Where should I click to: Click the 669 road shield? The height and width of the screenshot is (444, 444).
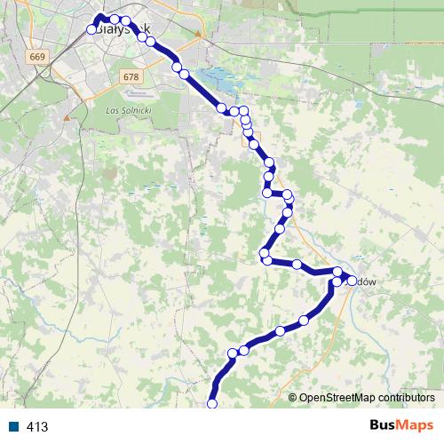pyautogui.click(x=36, y=57)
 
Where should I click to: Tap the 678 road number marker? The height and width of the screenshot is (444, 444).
pyautogui.click(x=131, y=76)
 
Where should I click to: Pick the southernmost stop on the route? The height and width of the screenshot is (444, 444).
pyautogui.click(x=212, y=404)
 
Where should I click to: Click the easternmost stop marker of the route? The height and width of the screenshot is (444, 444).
pyautogui.click(x=352, y=281)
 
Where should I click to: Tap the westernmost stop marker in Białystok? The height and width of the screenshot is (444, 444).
pyautogui.click(x=91, y=29)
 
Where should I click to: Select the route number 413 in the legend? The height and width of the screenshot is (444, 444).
pyautogui.click(x=37, y=427)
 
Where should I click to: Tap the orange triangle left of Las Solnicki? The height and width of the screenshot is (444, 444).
pyautogui.click(x=67, y=116)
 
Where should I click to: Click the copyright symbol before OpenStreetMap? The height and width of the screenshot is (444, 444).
pyautogui.click(x=293, y=397)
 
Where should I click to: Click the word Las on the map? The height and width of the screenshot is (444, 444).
pyautogui.click(x=111, y=109)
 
